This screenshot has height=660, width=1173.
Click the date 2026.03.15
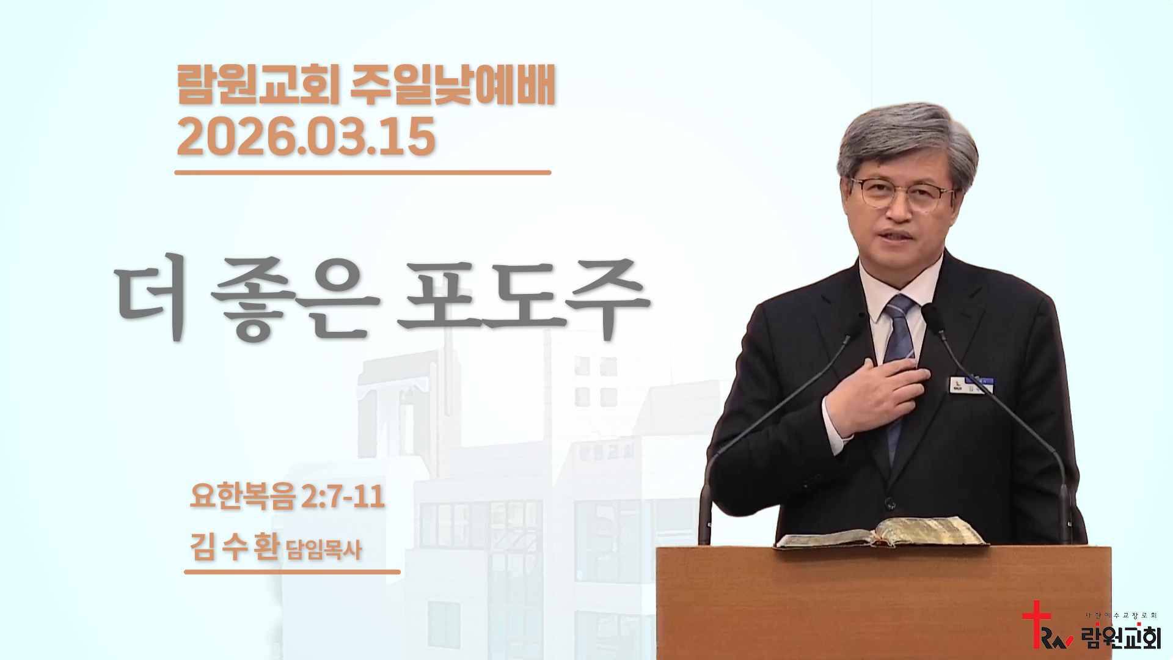coord(305,137)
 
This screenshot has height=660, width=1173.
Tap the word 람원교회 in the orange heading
coord(258,85)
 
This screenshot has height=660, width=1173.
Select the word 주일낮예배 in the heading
coord(453,85)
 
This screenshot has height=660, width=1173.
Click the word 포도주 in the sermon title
coord(524,299)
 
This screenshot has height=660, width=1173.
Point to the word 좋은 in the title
coord(295,299)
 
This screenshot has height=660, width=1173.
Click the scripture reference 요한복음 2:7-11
coord(287,496)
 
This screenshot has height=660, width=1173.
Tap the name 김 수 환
coord(235,546)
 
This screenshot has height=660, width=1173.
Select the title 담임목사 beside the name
coord(324,549)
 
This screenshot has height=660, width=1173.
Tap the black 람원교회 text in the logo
coord(1121,637)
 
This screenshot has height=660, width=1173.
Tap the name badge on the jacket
coord(971,385)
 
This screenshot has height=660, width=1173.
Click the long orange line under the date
coord(363,173)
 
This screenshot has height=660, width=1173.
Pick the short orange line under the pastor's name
coord(292,572)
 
